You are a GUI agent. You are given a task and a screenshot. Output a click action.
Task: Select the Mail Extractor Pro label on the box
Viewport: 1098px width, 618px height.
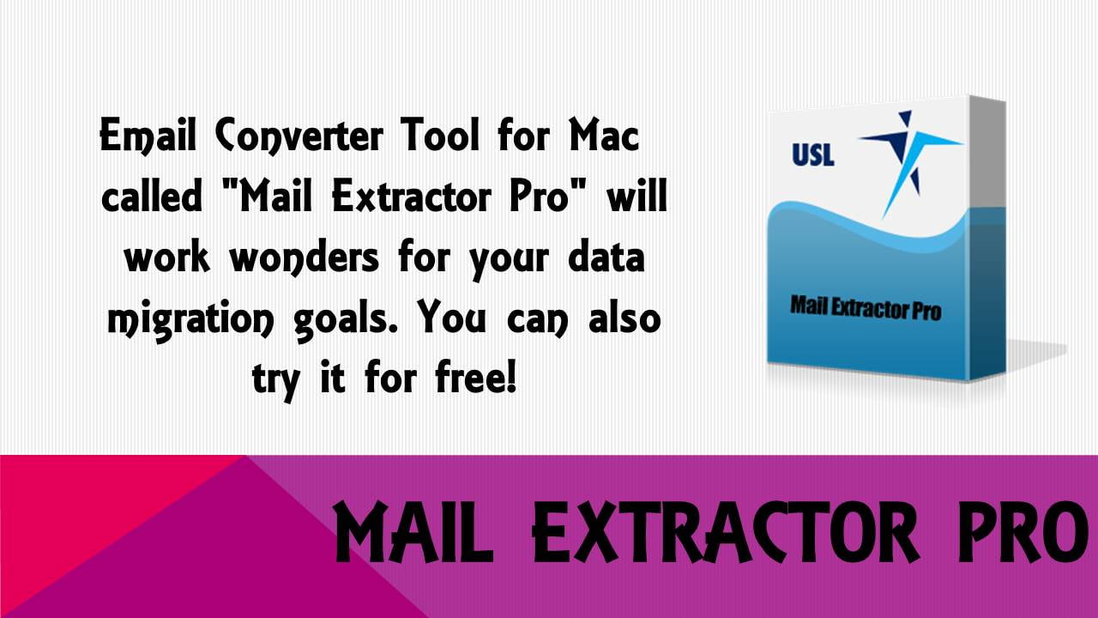coord(865,306)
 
